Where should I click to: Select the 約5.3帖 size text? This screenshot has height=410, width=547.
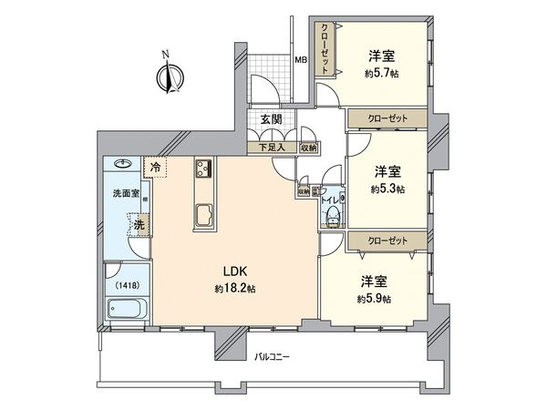[x=388, y=190]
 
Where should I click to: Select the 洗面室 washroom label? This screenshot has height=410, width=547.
[x=125, y=194]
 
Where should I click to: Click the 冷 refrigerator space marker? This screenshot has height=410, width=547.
[x=156, y=168]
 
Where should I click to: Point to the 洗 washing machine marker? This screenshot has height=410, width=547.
[x=139, y=222]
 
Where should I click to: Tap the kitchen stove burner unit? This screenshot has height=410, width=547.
[x=201, y=169]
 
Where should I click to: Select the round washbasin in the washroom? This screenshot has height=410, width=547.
[x=122, y=168]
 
